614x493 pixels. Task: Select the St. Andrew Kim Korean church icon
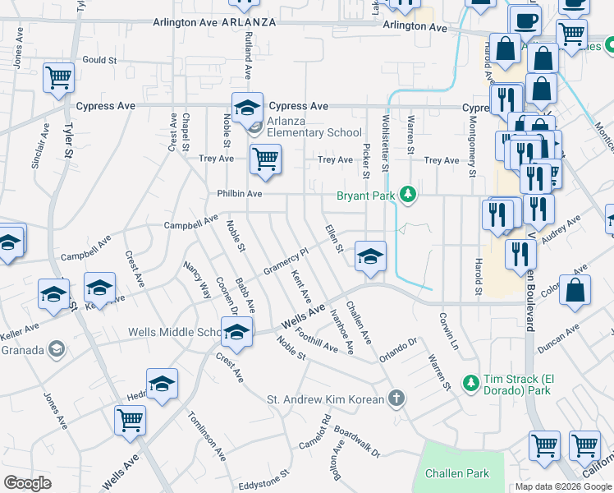click(396, 399)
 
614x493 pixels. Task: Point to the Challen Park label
click(457, 473)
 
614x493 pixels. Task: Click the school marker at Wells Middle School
click(236, 333)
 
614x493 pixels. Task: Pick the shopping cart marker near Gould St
click(58, 79)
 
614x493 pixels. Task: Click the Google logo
click(27, 483)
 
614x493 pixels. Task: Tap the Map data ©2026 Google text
click(563, 486)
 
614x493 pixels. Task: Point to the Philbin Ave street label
click(239, 194)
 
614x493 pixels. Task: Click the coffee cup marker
click(525, 20)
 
